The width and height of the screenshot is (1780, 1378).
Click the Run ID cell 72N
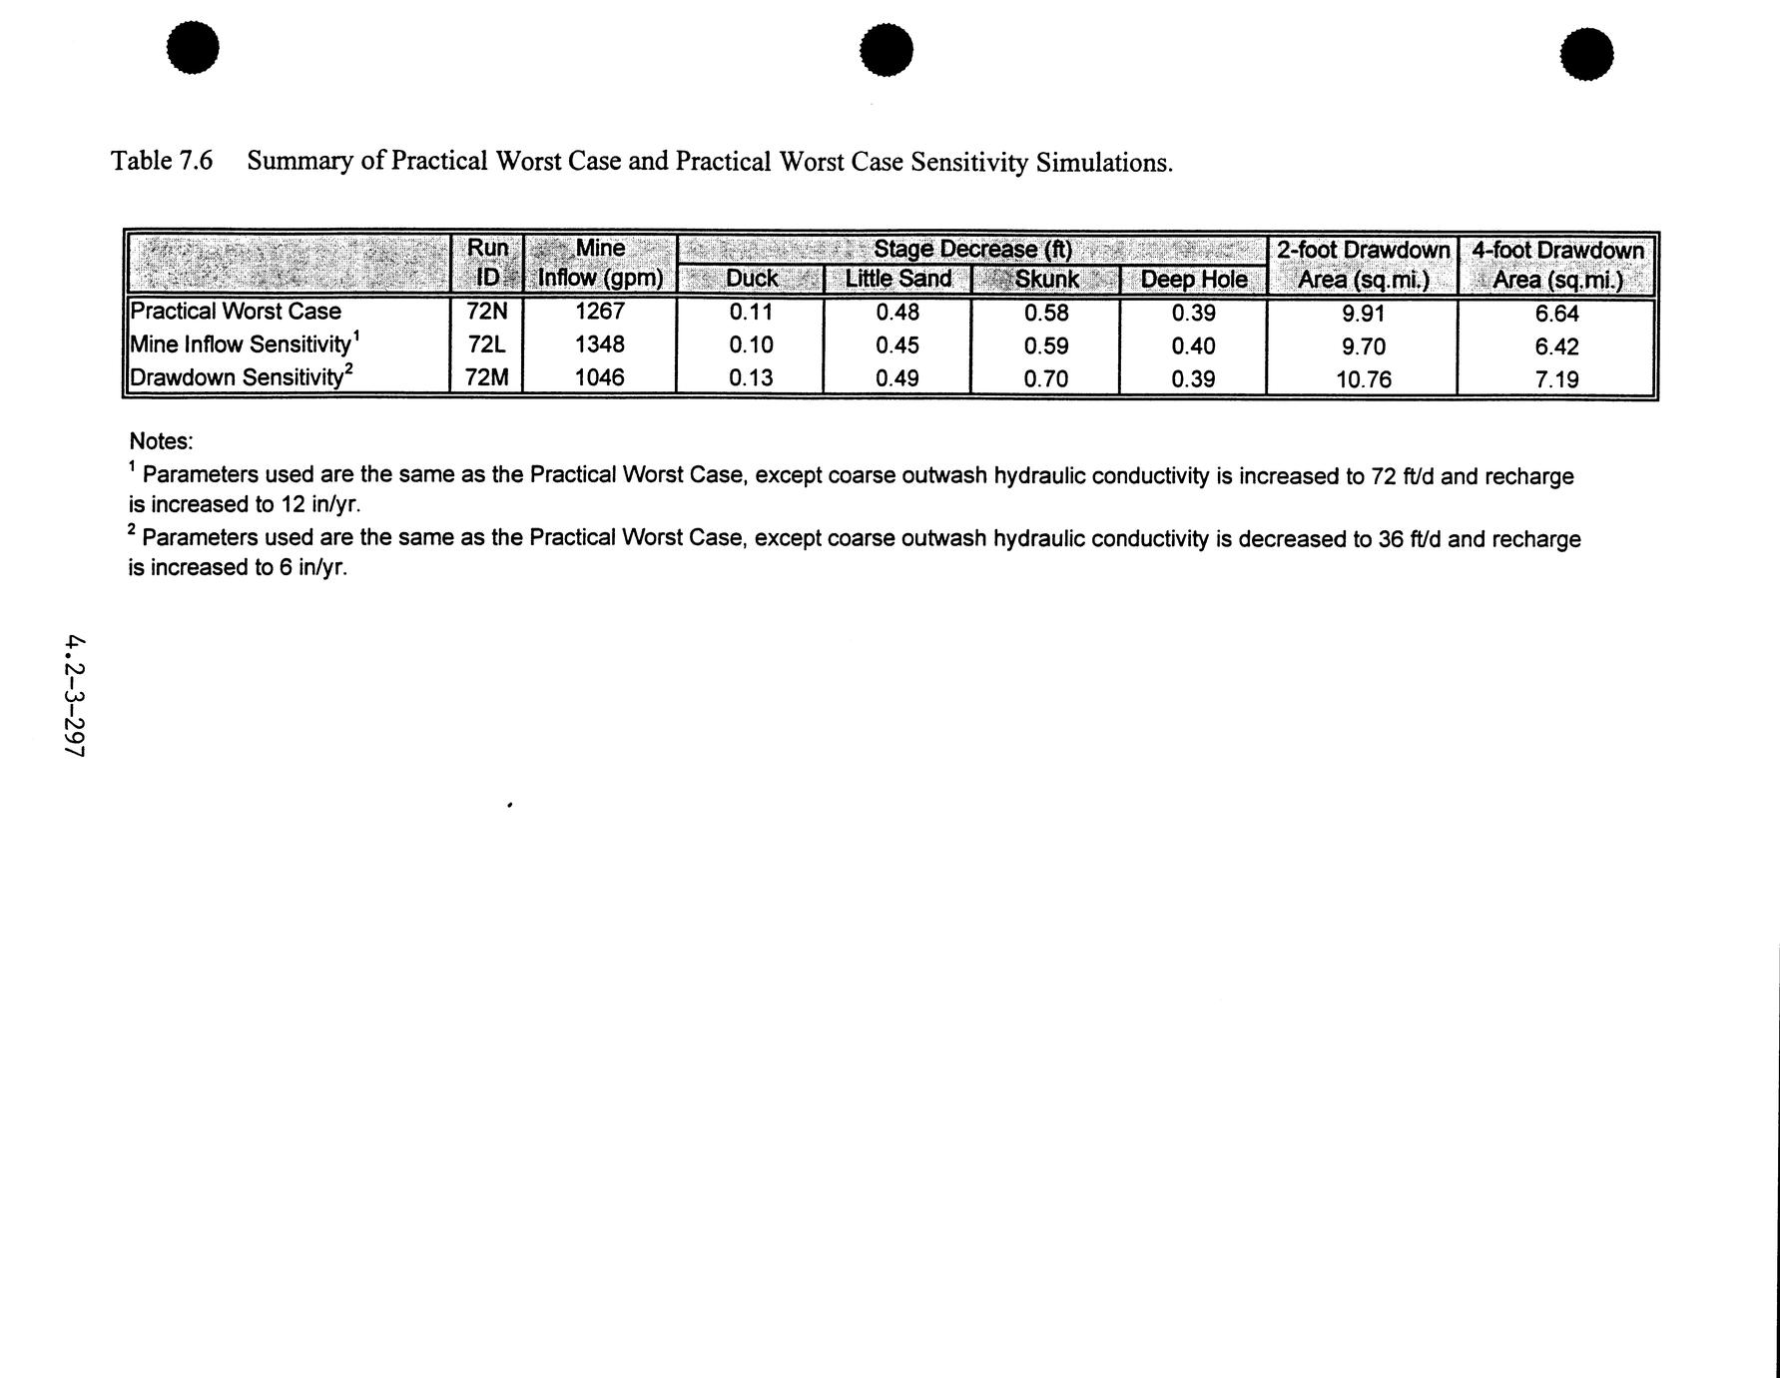click(x=487, y=312)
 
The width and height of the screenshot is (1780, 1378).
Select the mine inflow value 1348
click(x=600, y=344)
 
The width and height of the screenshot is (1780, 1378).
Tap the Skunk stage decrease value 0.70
click(x=1046, y=378)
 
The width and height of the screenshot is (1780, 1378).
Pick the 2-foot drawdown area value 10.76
click(x=1364, y=379)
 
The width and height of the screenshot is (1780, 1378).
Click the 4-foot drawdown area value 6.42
click(x=1556, y=346)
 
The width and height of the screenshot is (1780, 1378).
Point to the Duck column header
click(x=752, y=280)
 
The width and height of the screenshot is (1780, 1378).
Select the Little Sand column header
click(x=898, y=280)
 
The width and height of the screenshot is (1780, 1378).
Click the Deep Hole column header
click(x=1194, y=280)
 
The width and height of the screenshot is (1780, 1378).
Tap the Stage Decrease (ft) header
click(x=972, y=249)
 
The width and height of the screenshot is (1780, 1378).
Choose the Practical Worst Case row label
click(x=237, y=312)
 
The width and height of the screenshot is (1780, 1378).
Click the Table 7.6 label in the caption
click(x=162, y=161)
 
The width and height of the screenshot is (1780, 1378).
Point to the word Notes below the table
click(x=161, y=441)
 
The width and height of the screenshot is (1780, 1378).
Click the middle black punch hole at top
click(x=887, y=50)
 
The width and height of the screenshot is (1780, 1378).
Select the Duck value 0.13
click(x=751, y=378)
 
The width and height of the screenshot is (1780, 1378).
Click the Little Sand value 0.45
click(x=897, y=345)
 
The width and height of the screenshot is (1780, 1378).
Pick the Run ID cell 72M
click(x=487, y=377)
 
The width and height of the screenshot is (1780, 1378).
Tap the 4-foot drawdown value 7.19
click(x=1556, y=379)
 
